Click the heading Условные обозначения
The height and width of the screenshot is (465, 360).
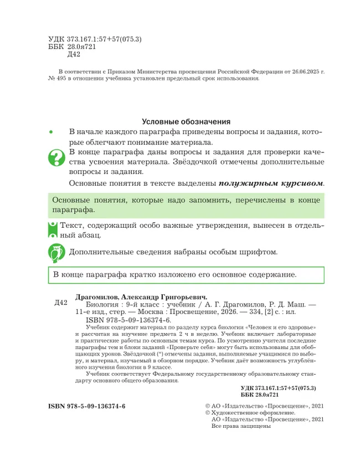(x=186, y=121)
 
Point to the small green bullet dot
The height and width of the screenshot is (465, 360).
(x=51, y=132)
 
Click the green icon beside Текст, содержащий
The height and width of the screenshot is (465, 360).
(x=53, y=229)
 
